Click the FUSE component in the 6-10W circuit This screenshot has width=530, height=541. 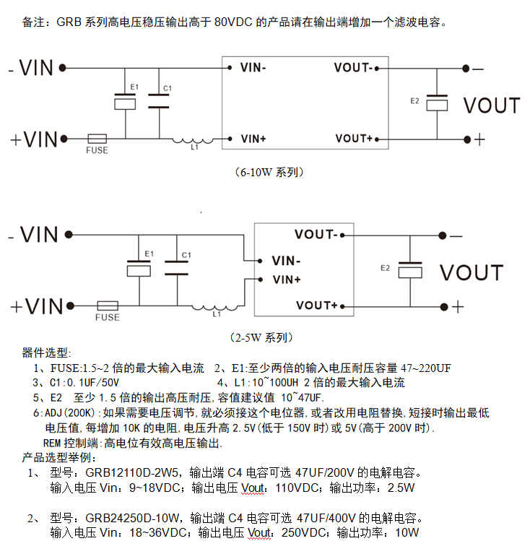97,138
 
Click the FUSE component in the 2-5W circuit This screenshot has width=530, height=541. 108,306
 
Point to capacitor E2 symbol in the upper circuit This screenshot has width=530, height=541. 437,103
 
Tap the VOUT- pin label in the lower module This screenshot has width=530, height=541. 316,235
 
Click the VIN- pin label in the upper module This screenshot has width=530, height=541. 253,68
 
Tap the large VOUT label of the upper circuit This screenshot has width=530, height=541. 491,105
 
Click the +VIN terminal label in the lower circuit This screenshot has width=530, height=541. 34,306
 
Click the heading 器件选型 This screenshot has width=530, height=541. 46,353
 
